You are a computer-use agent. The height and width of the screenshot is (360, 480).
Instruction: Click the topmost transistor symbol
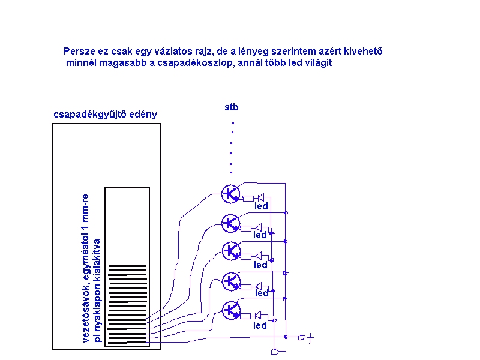point(230,194)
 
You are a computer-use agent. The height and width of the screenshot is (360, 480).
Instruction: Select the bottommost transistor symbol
point(231,310)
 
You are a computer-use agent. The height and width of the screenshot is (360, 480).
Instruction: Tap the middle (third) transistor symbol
point(231,251)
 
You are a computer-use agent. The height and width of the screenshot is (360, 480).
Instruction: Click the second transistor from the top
point(230,223)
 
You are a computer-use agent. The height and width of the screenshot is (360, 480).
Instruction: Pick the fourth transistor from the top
point(232,281)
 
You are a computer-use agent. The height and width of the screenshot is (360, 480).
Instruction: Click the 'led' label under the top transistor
point(261,206)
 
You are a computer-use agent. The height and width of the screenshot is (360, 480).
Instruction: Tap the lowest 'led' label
point(260,325)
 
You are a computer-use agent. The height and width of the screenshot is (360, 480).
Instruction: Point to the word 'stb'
point(232,107)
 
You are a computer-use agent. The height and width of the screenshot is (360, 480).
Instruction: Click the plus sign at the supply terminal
point(310,338)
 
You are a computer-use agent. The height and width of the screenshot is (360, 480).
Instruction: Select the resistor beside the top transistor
point(248,199)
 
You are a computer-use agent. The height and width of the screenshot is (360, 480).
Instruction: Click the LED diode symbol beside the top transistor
point(261,197)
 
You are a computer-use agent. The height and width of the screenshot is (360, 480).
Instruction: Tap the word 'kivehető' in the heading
point(364,51)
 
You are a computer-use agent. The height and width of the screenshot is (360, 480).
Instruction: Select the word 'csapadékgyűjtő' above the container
point(90,115)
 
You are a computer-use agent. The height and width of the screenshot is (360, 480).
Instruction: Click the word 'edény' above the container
point(143,115)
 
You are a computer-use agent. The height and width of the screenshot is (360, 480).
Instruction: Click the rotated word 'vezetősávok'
point(86,311)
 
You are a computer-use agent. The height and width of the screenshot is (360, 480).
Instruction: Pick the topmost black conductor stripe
point(127,266)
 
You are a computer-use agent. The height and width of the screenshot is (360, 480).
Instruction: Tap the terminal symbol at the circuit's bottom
point(275,352)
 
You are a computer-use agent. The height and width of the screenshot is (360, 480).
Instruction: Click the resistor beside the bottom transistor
point(245,316)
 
